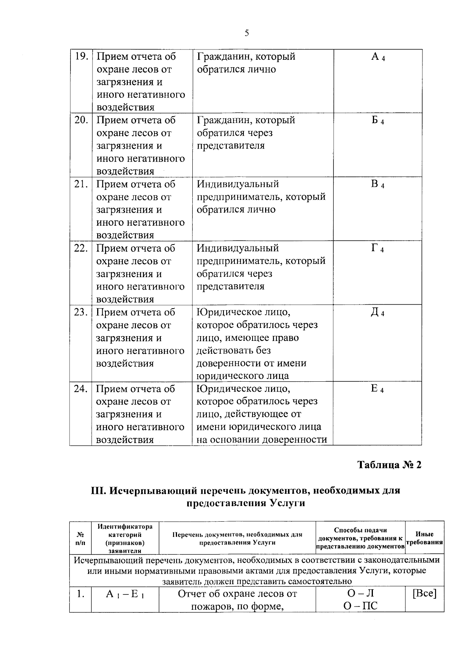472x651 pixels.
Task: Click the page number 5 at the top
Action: pyautogui.click(x=247, y=33)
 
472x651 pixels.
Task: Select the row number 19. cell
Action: pyautogui.click(x=81, y=57)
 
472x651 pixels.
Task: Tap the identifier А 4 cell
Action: pyautogui.click(x=378, y=57)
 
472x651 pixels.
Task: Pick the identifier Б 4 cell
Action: pyautogui.click(x=378, y=121)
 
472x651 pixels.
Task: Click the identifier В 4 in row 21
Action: pyautogui.click(x=378, y=185)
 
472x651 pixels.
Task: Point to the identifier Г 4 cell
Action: pyautogui.click(x=378, y=249)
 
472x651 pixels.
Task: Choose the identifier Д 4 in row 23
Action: pyautogui.click(x=378, y=313)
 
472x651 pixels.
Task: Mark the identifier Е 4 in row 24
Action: pyautogui.click(x=378, y=389)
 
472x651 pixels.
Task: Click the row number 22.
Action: pyautogui.click(x=81, y=249)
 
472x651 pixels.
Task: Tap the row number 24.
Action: pyautogui.click(x=81, y=389)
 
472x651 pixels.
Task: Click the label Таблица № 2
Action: pyautogui.click(x=389, y=465)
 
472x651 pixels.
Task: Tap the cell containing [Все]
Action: pyautogui.click(x=424, y=594)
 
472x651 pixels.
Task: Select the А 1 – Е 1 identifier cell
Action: pyautogui.click(x=125, y=594)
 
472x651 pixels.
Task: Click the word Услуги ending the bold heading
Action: pyautogui.click(x=282, y=503)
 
